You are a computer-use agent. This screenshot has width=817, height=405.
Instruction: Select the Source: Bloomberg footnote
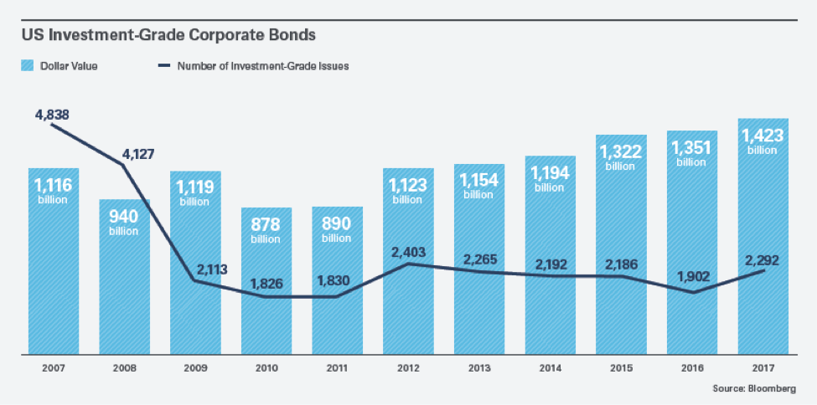pos(754,391)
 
